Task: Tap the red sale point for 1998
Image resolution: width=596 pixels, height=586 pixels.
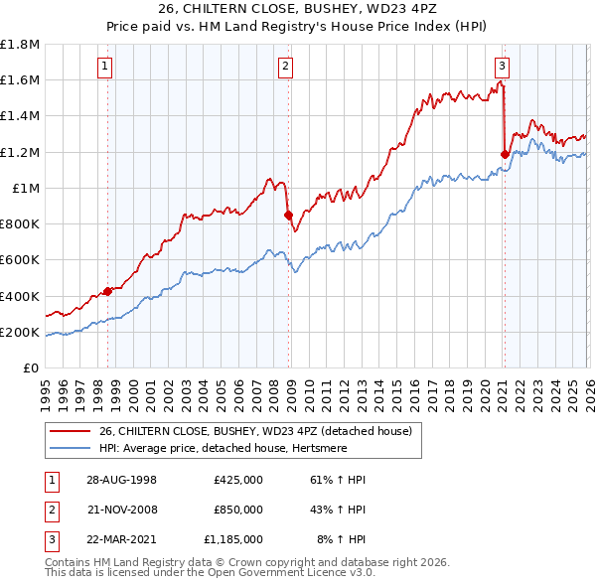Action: pos(108,292)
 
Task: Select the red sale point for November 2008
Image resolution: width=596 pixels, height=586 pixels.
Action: pos(288,215)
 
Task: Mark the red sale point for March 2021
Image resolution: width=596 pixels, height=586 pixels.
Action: pos(505,154)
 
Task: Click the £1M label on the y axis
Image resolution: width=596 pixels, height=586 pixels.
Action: pos(26,188)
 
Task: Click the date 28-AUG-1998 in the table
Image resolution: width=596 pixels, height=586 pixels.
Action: pos(121,480)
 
